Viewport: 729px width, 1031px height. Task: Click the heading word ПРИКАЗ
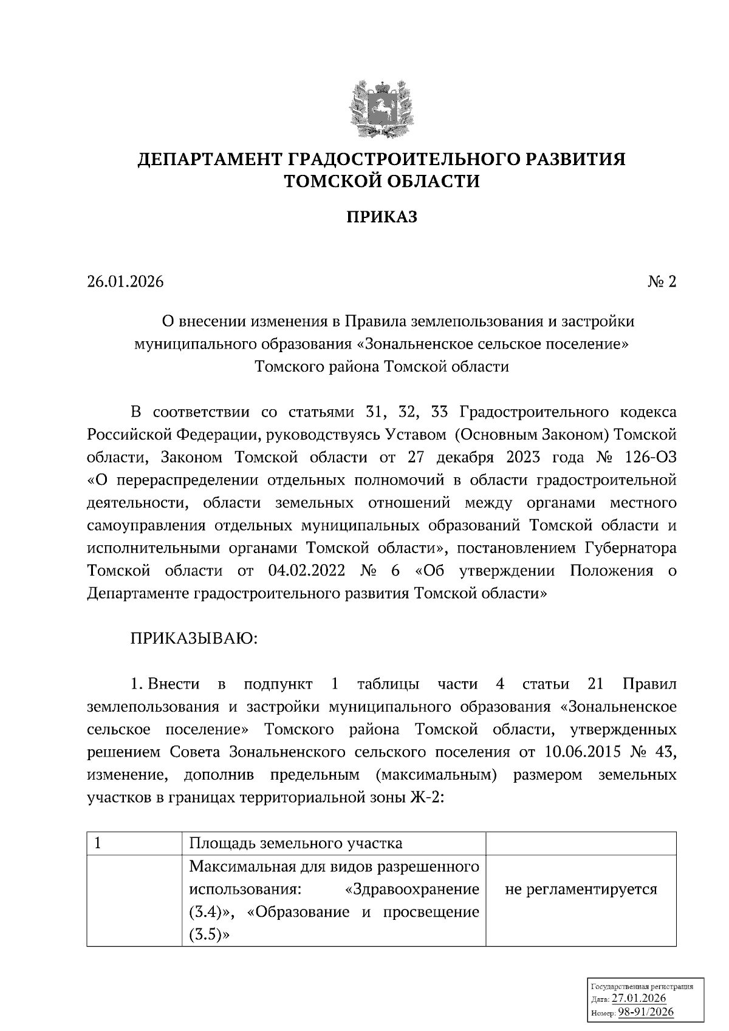382,217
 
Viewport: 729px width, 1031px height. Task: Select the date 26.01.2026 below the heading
126,282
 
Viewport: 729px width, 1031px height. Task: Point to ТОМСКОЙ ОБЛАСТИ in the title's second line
382,181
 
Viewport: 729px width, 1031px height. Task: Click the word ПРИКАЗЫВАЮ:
194,639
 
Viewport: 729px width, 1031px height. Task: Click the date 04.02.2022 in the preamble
306,571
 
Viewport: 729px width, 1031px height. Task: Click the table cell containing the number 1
134,843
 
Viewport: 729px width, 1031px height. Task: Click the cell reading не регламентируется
581,890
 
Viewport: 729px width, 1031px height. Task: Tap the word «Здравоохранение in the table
411,889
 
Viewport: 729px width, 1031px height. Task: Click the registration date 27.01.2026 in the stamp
638,999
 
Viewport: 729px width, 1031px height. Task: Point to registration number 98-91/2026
646,1012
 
